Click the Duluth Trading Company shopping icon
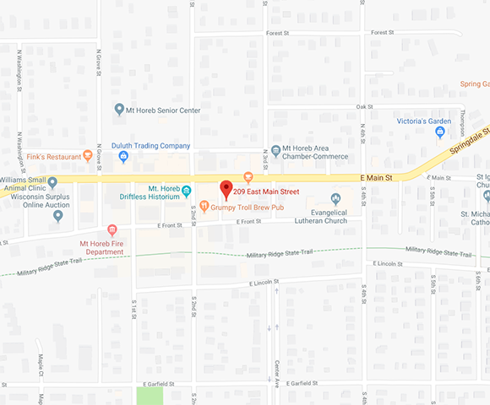tap(123, 156)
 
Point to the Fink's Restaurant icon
tap(88, 155)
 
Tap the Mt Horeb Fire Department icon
tap(112, 230)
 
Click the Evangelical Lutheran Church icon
tap(335, 199)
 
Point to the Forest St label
tap(279, 34)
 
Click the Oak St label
tap(364, 107)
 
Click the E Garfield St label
tap(304, 384)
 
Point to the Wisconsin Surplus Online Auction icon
tap(57, 216)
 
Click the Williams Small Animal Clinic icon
tap(52, 181)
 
